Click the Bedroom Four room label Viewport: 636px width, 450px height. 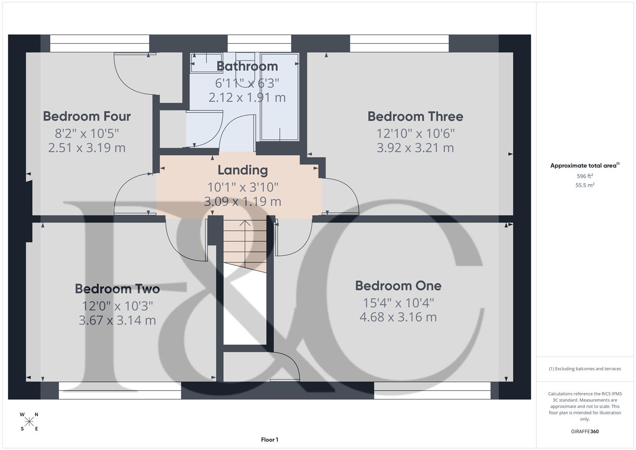click(x=87, y=116)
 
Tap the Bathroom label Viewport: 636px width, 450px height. click(x=247, y=66)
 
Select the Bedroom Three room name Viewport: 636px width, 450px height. click(x=415, y=117)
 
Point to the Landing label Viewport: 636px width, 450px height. click(x=242, y=170)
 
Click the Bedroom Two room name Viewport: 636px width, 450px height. click(x=117, y=289)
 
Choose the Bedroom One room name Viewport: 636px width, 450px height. click(x=398, y=286)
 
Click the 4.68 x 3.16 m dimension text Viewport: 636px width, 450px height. click(x=398, y=317)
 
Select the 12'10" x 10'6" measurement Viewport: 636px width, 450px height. click(x=415, y=133)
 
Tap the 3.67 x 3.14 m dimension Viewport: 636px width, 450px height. click(x=117, y=320)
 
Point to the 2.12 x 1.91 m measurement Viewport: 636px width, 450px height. click(x=247, y=97)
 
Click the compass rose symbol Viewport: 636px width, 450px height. click(x=29, y=422)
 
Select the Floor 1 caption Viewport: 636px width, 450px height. click(x=269, y=440)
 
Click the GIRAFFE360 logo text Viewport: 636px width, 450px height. click(x=584, y=431)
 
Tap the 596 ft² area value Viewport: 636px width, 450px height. click(x=585, y=176)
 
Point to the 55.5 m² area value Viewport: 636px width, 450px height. click(x=585, y=185)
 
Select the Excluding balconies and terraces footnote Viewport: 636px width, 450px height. click(x=585, y=369)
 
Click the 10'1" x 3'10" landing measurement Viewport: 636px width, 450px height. click(x=242, y=187)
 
